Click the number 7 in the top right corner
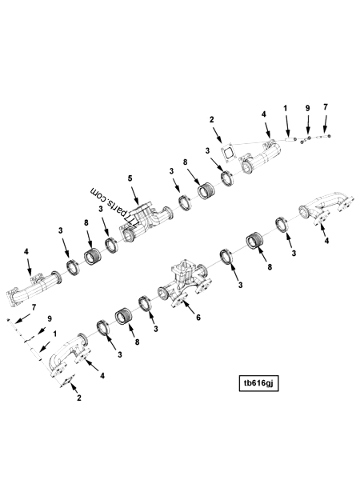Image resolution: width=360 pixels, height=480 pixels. click(x=325, y=107)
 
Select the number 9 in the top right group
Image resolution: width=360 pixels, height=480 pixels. click(x=307, y=107)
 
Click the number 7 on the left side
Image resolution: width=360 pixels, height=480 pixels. click(x=34, y=307)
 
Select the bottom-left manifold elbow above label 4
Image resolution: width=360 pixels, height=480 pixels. click(x=65, y=357)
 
